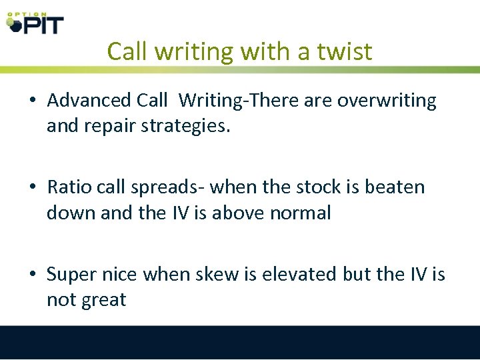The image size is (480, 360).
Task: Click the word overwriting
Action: tap(387, 101)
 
